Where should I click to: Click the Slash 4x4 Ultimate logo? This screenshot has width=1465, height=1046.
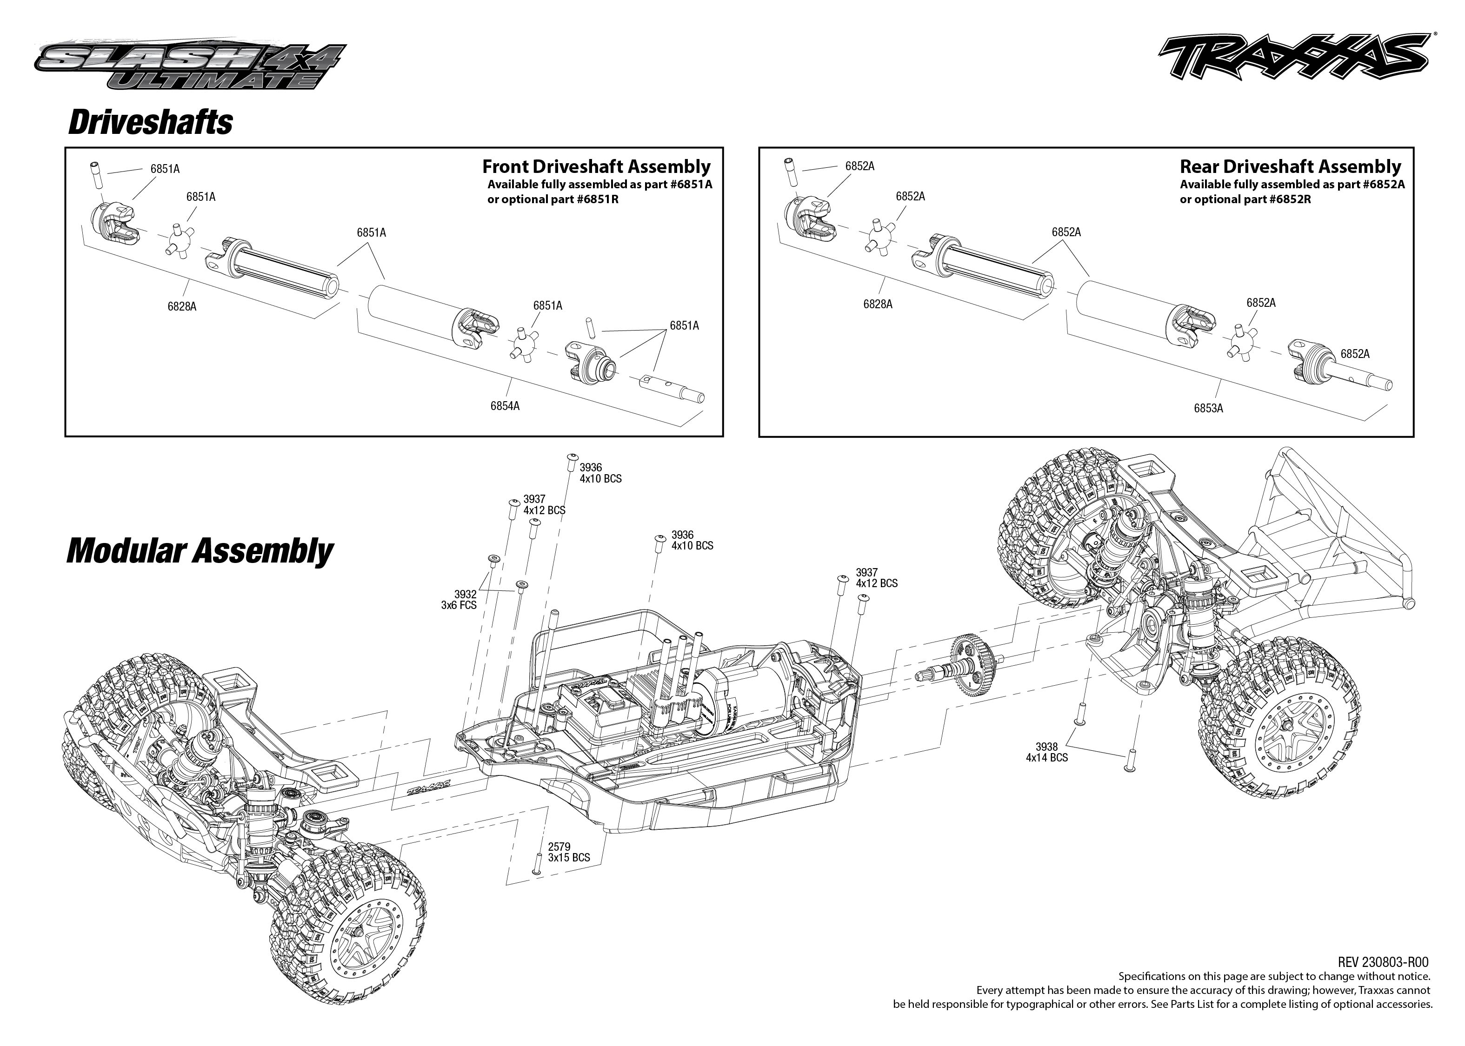[x=190, y=66]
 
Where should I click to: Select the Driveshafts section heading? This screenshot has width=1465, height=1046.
[x=150, y=122]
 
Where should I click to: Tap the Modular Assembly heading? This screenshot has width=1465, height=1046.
[x=200, y=551]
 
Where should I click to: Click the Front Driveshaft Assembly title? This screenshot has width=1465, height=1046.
[x=596, y=167]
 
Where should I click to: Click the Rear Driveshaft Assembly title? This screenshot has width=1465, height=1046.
[x=1290, y=167]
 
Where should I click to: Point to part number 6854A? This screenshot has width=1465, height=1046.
[x=505, y=406]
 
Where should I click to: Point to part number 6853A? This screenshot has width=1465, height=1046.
[x=1208, y=408]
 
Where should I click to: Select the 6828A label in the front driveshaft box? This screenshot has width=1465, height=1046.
[x=182, y=306]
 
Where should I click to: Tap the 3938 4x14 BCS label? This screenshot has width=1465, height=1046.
[x=1047, y=752]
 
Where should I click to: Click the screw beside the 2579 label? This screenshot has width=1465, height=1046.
[x=536, y=864]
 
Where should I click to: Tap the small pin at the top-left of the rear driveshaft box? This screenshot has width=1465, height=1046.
[x=789, y=172]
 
